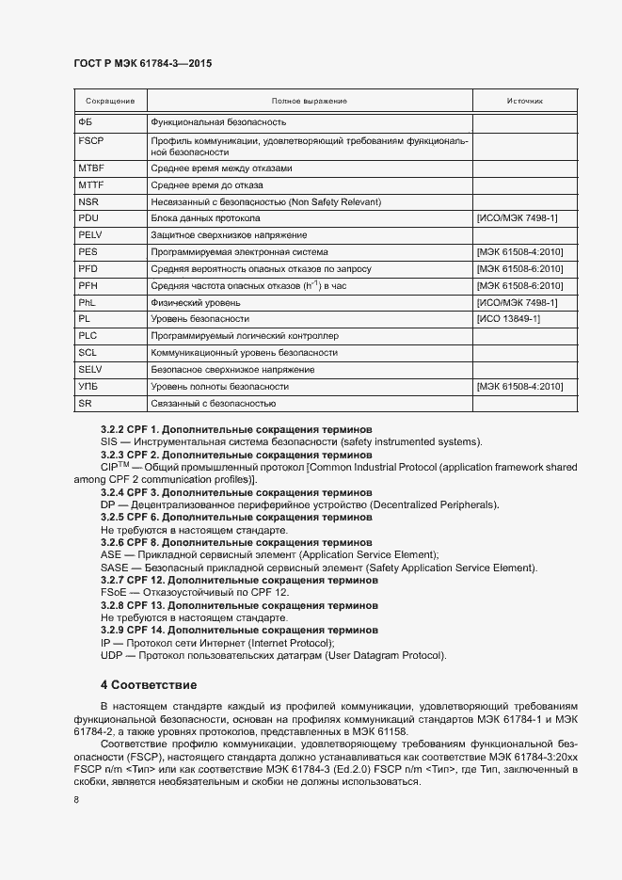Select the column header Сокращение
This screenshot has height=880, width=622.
pos(109,101)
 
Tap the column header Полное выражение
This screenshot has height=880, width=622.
pos(309,101)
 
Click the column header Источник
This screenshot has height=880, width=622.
pos(524,101)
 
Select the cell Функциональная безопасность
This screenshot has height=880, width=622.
pos(218,122)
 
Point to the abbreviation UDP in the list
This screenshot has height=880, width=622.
pos(111,655)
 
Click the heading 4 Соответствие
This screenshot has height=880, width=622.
pos(149,683)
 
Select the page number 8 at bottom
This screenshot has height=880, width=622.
pos(75,800)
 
